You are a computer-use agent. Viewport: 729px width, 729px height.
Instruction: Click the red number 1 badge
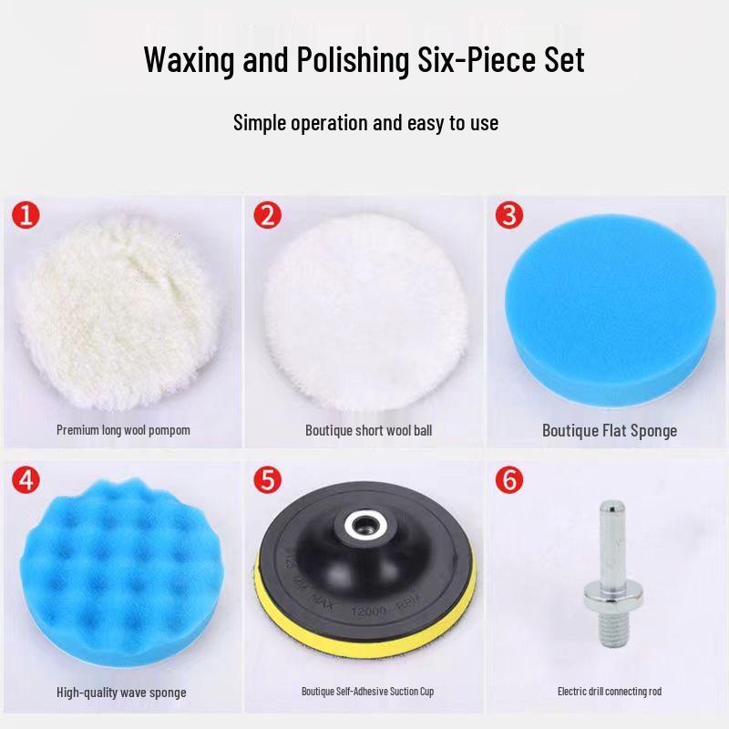[x=26, y=216]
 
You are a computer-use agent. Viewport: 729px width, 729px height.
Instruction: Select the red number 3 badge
[x=509, y=216]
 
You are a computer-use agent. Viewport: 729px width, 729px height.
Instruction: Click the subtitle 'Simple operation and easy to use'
[x=365, y=122]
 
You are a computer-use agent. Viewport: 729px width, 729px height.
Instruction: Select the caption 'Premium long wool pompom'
[x=123, y=429]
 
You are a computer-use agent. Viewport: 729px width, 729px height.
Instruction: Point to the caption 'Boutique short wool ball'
[x=368, y=429]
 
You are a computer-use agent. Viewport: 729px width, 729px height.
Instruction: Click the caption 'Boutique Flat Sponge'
[x=610, y=430]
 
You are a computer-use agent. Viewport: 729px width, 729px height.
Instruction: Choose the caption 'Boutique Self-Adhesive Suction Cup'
[x=368, y=692]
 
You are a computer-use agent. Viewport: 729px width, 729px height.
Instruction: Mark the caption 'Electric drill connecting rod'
[x=610, y=692]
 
